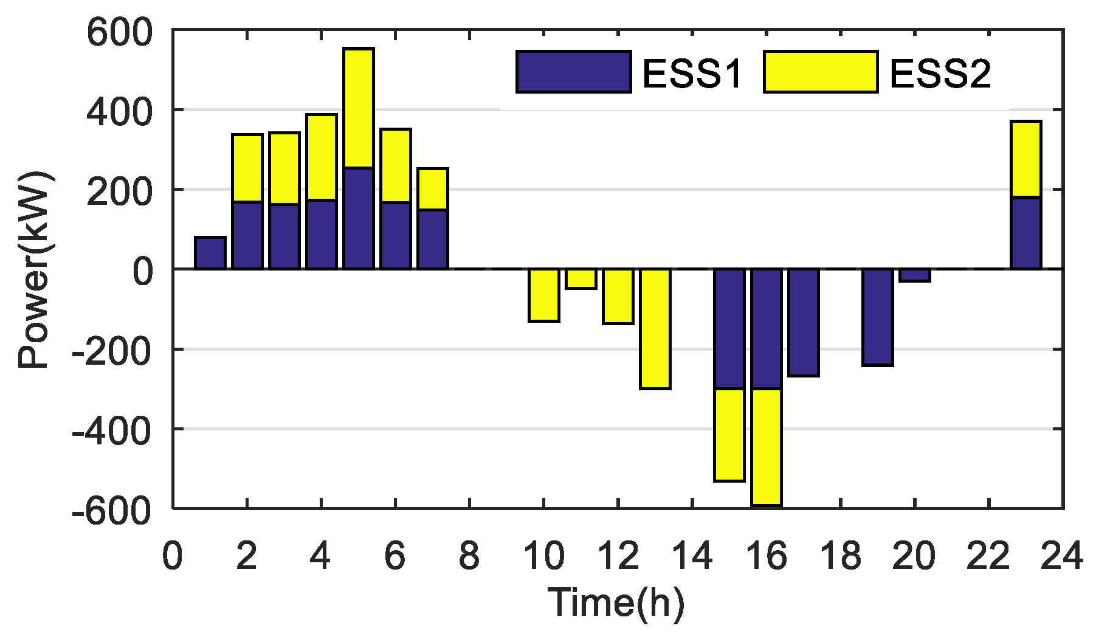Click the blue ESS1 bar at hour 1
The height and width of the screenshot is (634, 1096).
[210, 253]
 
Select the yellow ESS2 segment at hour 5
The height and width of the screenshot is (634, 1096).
[359, 108]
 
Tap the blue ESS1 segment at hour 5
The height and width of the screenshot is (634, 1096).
[359, 218]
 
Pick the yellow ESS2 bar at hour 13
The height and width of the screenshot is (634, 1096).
[655, 328]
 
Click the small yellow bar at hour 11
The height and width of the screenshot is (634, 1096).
[581, 279]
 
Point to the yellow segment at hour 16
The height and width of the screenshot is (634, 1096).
[767, 447]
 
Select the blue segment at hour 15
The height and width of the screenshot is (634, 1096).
[729, 328]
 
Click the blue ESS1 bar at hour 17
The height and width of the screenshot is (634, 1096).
[804, 322]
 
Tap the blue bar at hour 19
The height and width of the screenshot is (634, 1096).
[878, 317]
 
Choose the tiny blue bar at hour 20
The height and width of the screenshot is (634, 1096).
[915, 275]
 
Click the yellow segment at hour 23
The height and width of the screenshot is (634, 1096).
[1026, 159]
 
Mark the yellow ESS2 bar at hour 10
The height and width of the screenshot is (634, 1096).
[544, 295]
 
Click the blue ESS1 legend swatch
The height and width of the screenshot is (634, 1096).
[573, 72]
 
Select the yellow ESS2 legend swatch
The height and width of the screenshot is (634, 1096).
[821, 72]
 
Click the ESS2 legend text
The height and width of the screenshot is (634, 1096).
[940, 74]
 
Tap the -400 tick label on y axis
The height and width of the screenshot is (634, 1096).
[109, 430]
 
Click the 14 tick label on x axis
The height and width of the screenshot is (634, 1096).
[692, 556]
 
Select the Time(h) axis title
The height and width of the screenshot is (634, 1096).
[616, 602]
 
